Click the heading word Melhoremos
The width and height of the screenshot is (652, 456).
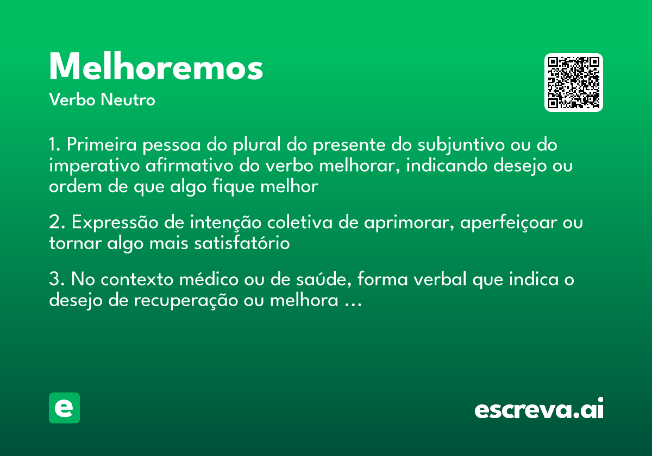[x=156, y=67]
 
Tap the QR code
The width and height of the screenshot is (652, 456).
[x=574, y=83]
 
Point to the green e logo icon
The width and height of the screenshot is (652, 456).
[x=64, y=408]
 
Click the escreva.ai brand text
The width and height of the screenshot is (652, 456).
[x=539, y=410]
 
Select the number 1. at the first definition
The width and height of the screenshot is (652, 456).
[x=55, y=145]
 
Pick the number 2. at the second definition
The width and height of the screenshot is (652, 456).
[x=57, y=223]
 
